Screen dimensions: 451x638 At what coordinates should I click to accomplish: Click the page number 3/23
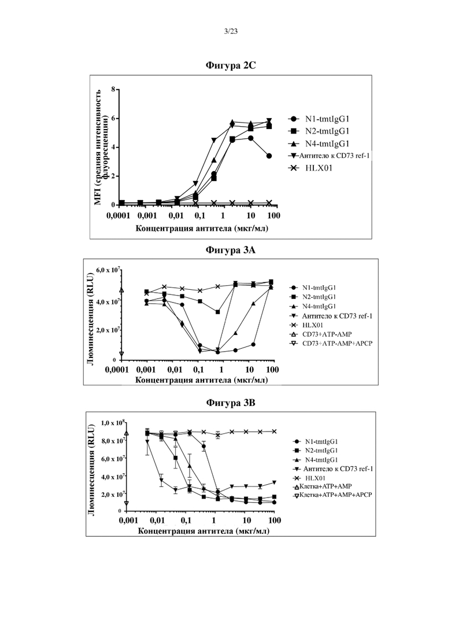231,31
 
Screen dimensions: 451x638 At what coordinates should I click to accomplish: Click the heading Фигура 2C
231,65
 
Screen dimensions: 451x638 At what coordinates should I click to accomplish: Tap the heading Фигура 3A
231,250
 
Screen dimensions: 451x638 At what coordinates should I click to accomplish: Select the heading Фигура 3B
231,403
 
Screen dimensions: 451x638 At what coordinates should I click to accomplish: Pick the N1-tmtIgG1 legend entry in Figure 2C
319,119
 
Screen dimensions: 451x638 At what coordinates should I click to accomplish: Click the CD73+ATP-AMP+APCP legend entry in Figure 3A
331,344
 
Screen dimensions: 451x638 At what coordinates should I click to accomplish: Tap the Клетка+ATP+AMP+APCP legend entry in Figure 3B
332,495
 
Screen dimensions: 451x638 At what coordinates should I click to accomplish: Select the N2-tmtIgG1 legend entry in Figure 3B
316,451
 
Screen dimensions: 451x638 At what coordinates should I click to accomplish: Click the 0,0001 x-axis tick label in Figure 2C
118,216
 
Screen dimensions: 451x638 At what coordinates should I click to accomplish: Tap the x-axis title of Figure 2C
202,228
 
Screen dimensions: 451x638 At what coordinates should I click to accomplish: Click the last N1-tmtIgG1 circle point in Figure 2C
269,156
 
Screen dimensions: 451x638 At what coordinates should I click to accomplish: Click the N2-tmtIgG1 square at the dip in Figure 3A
218,312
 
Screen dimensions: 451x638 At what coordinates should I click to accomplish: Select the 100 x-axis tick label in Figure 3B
275,521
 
